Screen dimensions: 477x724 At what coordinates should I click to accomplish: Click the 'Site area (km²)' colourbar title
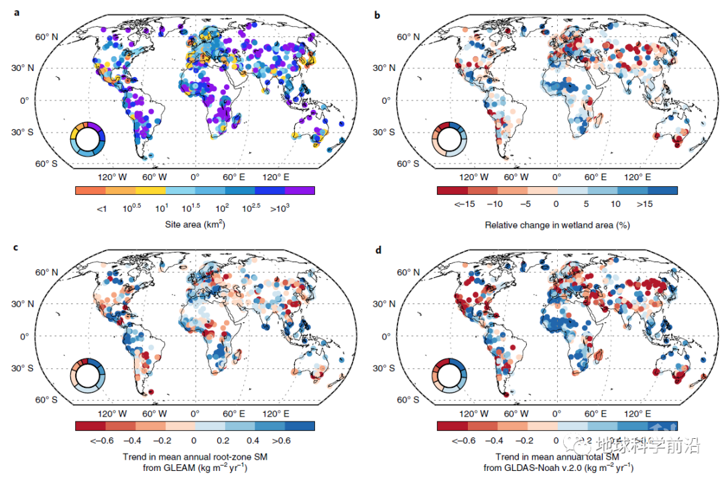coord(194,225)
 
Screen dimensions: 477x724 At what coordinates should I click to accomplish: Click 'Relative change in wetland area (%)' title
coord(557,225)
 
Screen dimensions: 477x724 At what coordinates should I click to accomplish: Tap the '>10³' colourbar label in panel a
coord(300,209)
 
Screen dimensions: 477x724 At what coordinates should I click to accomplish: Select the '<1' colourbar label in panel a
coord(101,209)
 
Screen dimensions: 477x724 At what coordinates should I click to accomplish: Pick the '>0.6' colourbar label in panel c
coord(282,441)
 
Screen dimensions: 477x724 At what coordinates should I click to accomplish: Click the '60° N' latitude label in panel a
coord(48,36)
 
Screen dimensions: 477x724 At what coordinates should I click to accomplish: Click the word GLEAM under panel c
coord(175,468)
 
